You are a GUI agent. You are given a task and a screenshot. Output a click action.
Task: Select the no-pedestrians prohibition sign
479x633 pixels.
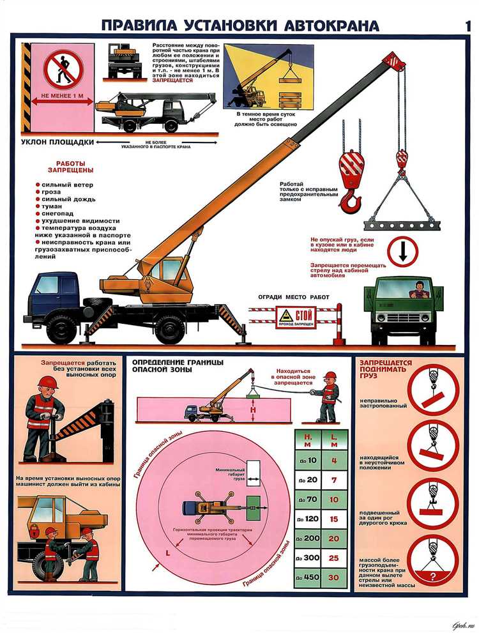click(x=60, y=68)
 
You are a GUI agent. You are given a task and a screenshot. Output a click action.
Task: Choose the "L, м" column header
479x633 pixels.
click(x=334, y=440)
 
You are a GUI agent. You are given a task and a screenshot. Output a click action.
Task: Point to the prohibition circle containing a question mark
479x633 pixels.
click(x=432, y=560)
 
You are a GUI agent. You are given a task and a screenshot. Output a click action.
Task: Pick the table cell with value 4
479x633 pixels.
click(x=334, y=460)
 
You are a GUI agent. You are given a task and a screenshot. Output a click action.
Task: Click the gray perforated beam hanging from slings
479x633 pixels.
click(x=401, y=224)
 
